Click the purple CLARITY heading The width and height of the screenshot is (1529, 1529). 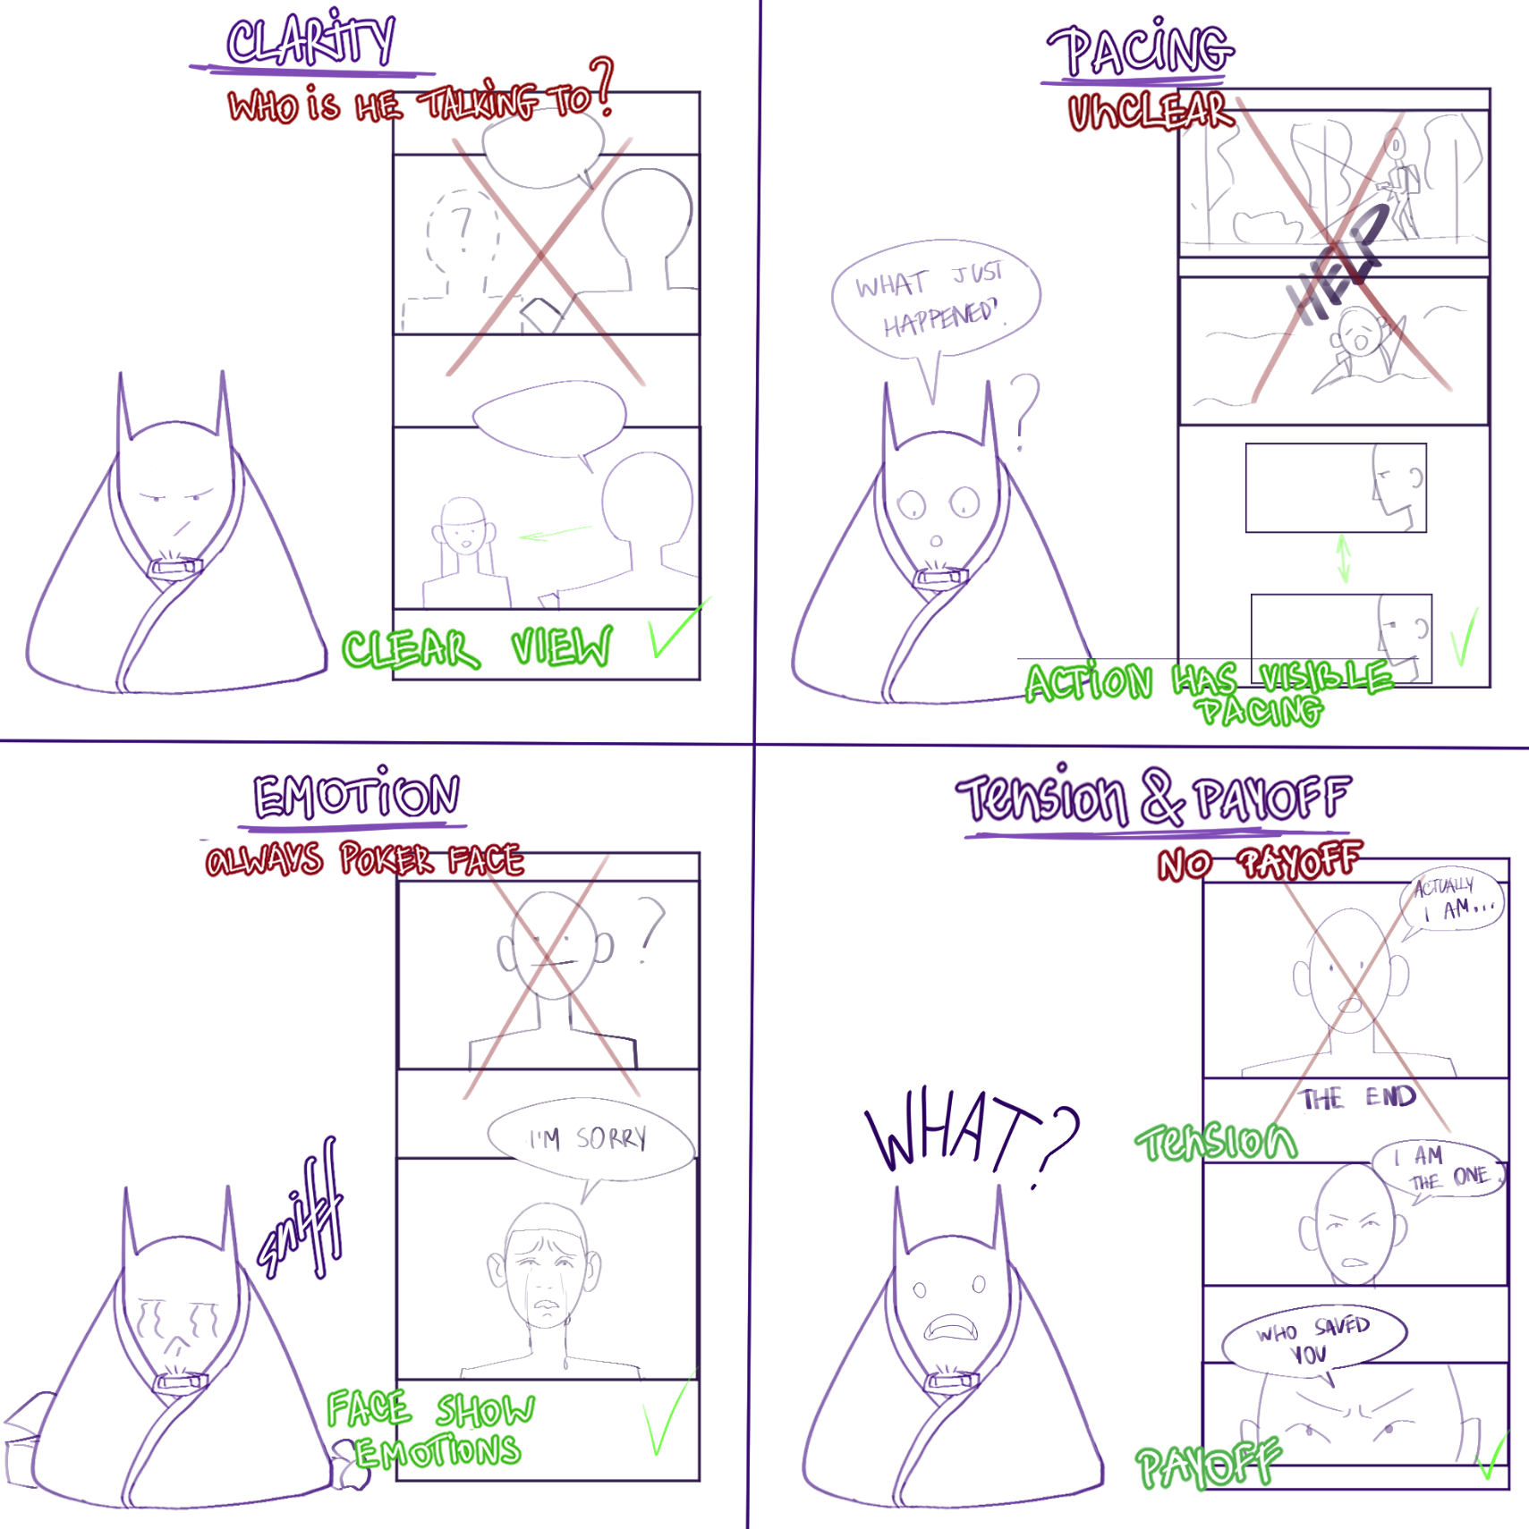[310, 41]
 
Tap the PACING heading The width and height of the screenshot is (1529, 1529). [1142, 50]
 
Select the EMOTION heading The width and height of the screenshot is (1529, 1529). [356, 796]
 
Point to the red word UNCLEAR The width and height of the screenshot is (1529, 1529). [1151, 113]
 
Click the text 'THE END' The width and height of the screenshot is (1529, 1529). [1357, 1098]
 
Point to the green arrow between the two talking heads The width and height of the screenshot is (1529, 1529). [555, 534]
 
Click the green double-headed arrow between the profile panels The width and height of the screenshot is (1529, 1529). [1343, 558]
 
